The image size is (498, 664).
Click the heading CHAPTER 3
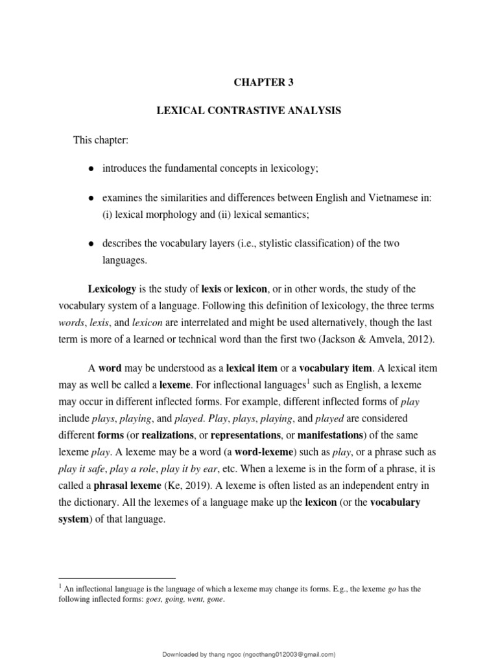(249, 83)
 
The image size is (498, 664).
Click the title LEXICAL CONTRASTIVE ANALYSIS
(249, 112)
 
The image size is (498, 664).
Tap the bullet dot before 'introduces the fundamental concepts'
(91, 169)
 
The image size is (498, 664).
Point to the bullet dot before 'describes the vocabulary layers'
(91, 243)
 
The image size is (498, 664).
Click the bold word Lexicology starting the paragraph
(112, 289)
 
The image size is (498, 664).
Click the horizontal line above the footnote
(117, 578)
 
